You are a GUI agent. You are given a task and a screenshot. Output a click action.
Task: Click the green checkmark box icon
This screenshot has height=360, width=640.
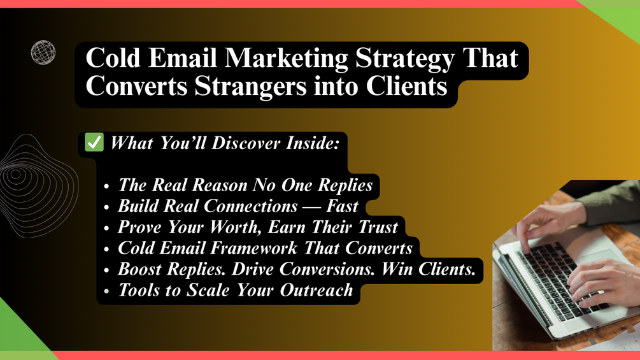tap(94, 142)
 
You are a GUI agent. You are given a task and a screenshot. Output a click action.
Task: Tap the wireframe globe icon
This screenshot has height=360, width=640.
tap(43, 52)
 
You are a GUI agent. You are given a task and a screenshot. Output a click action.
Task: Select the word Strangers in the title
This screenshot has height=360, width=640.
tap(250, 86)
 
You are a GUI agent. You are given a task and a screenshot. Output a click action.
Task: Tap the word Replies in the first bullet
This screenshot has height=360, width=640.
tap(345, 185)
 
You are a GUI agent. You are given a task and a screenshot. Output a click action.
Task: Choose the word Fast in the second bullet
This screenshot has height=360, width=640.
tap(342, 206)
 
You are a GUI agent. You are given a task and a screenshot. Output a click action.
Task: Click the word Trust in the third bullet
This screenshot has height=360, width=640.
tap(378, 227)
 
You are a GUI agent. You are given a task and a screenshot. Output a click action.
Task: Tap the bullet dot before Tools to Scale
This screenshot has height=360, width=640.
tap(106, 291)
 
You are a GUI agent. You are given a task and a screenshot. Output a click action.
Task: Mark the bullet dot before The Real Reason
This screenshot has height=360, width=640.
tap(106, 186)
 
